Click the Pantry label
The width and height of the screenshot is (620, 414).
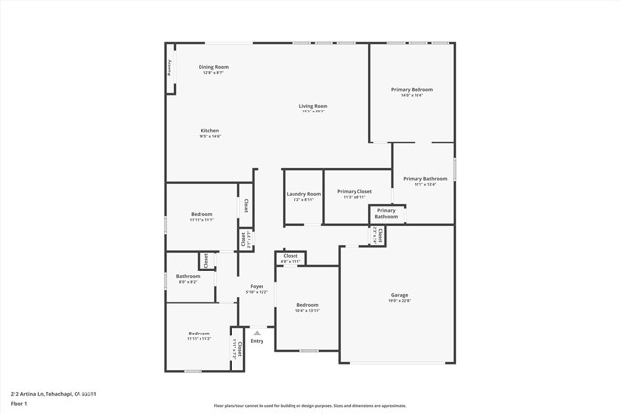(x=170, y=67)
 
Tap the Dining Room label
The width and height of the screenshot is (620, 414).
(x=213, y=67)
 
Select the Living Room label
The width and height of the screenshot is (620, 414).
(x=313, y=106)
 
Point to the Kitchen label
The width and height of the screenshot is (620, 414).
(x=210, y=130)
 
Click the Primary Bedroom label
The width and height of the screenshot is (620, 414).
(x=412, y=90)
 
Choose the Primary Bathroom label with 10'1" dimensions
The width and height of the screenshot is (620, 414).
(x=425, y=179)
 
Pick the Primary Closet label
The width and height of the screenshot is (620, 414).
(x=355, y=192)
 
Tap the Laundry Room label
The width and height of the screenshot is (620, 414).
(x=303, y=194)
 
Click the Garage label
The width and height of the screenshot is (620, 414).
(x=399, y=295)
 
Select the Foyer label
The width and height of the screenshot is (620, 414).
(x=257, y=286)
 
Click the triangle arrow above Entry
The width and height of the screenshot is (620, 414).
(x=257, y=333)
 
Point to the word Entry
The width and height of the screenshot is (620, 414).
(x=257, y=341)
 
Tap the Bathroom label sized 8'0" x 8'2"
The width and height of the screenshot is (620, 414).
(x=187, y=277)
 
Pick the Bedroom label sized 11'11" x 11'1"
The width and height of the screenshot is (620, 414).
(x=201, y=214)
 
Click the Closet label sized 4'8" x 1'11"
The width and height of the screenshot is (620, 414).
(x=291, y=256)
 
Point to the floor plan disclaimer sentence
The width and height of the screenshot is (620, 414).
(x=311, y=405)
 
